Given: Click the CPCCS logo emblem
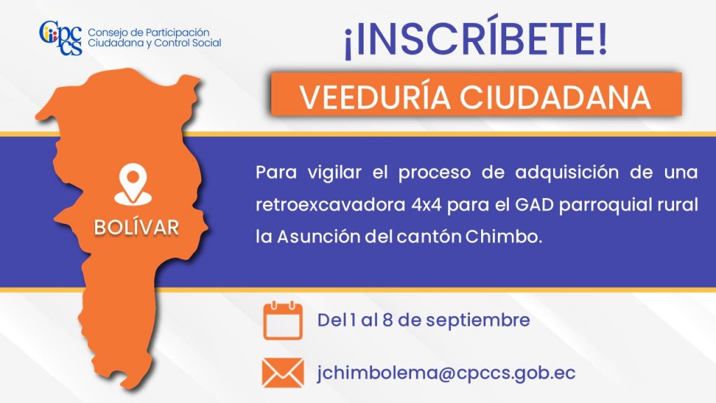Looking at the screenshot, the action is (x=61, y=38).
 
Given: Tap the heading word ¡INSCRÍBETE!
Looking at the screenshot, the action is (x=475, y=38).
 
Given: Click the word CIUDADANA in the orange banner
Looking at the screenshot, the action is (x=554, y=97).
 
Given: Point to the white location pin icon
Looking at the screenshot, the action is (x=133, y=184).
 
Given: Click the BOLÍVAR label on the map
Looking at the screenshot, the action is (x=136, y=227).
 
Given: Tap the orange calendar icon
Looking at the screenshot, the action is (x=282, y=320).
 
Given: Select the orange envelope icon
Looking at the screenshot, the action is (x=283, y=372).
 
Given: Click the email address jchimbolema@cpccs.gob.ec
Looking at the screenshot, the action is (x=446, y=373).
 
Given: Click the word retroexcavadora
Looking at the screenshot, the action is (x=330, y=205).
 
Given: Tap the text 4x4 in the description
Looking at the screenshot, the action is (x=426, y=205).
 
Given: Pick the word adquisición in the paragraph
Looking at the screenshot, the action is (x=566, y=173).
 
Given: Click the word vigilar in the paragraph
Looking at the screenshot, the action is (x=334, y=173).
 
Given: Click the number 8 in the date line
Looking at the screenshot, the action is (x=387, y=320).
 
